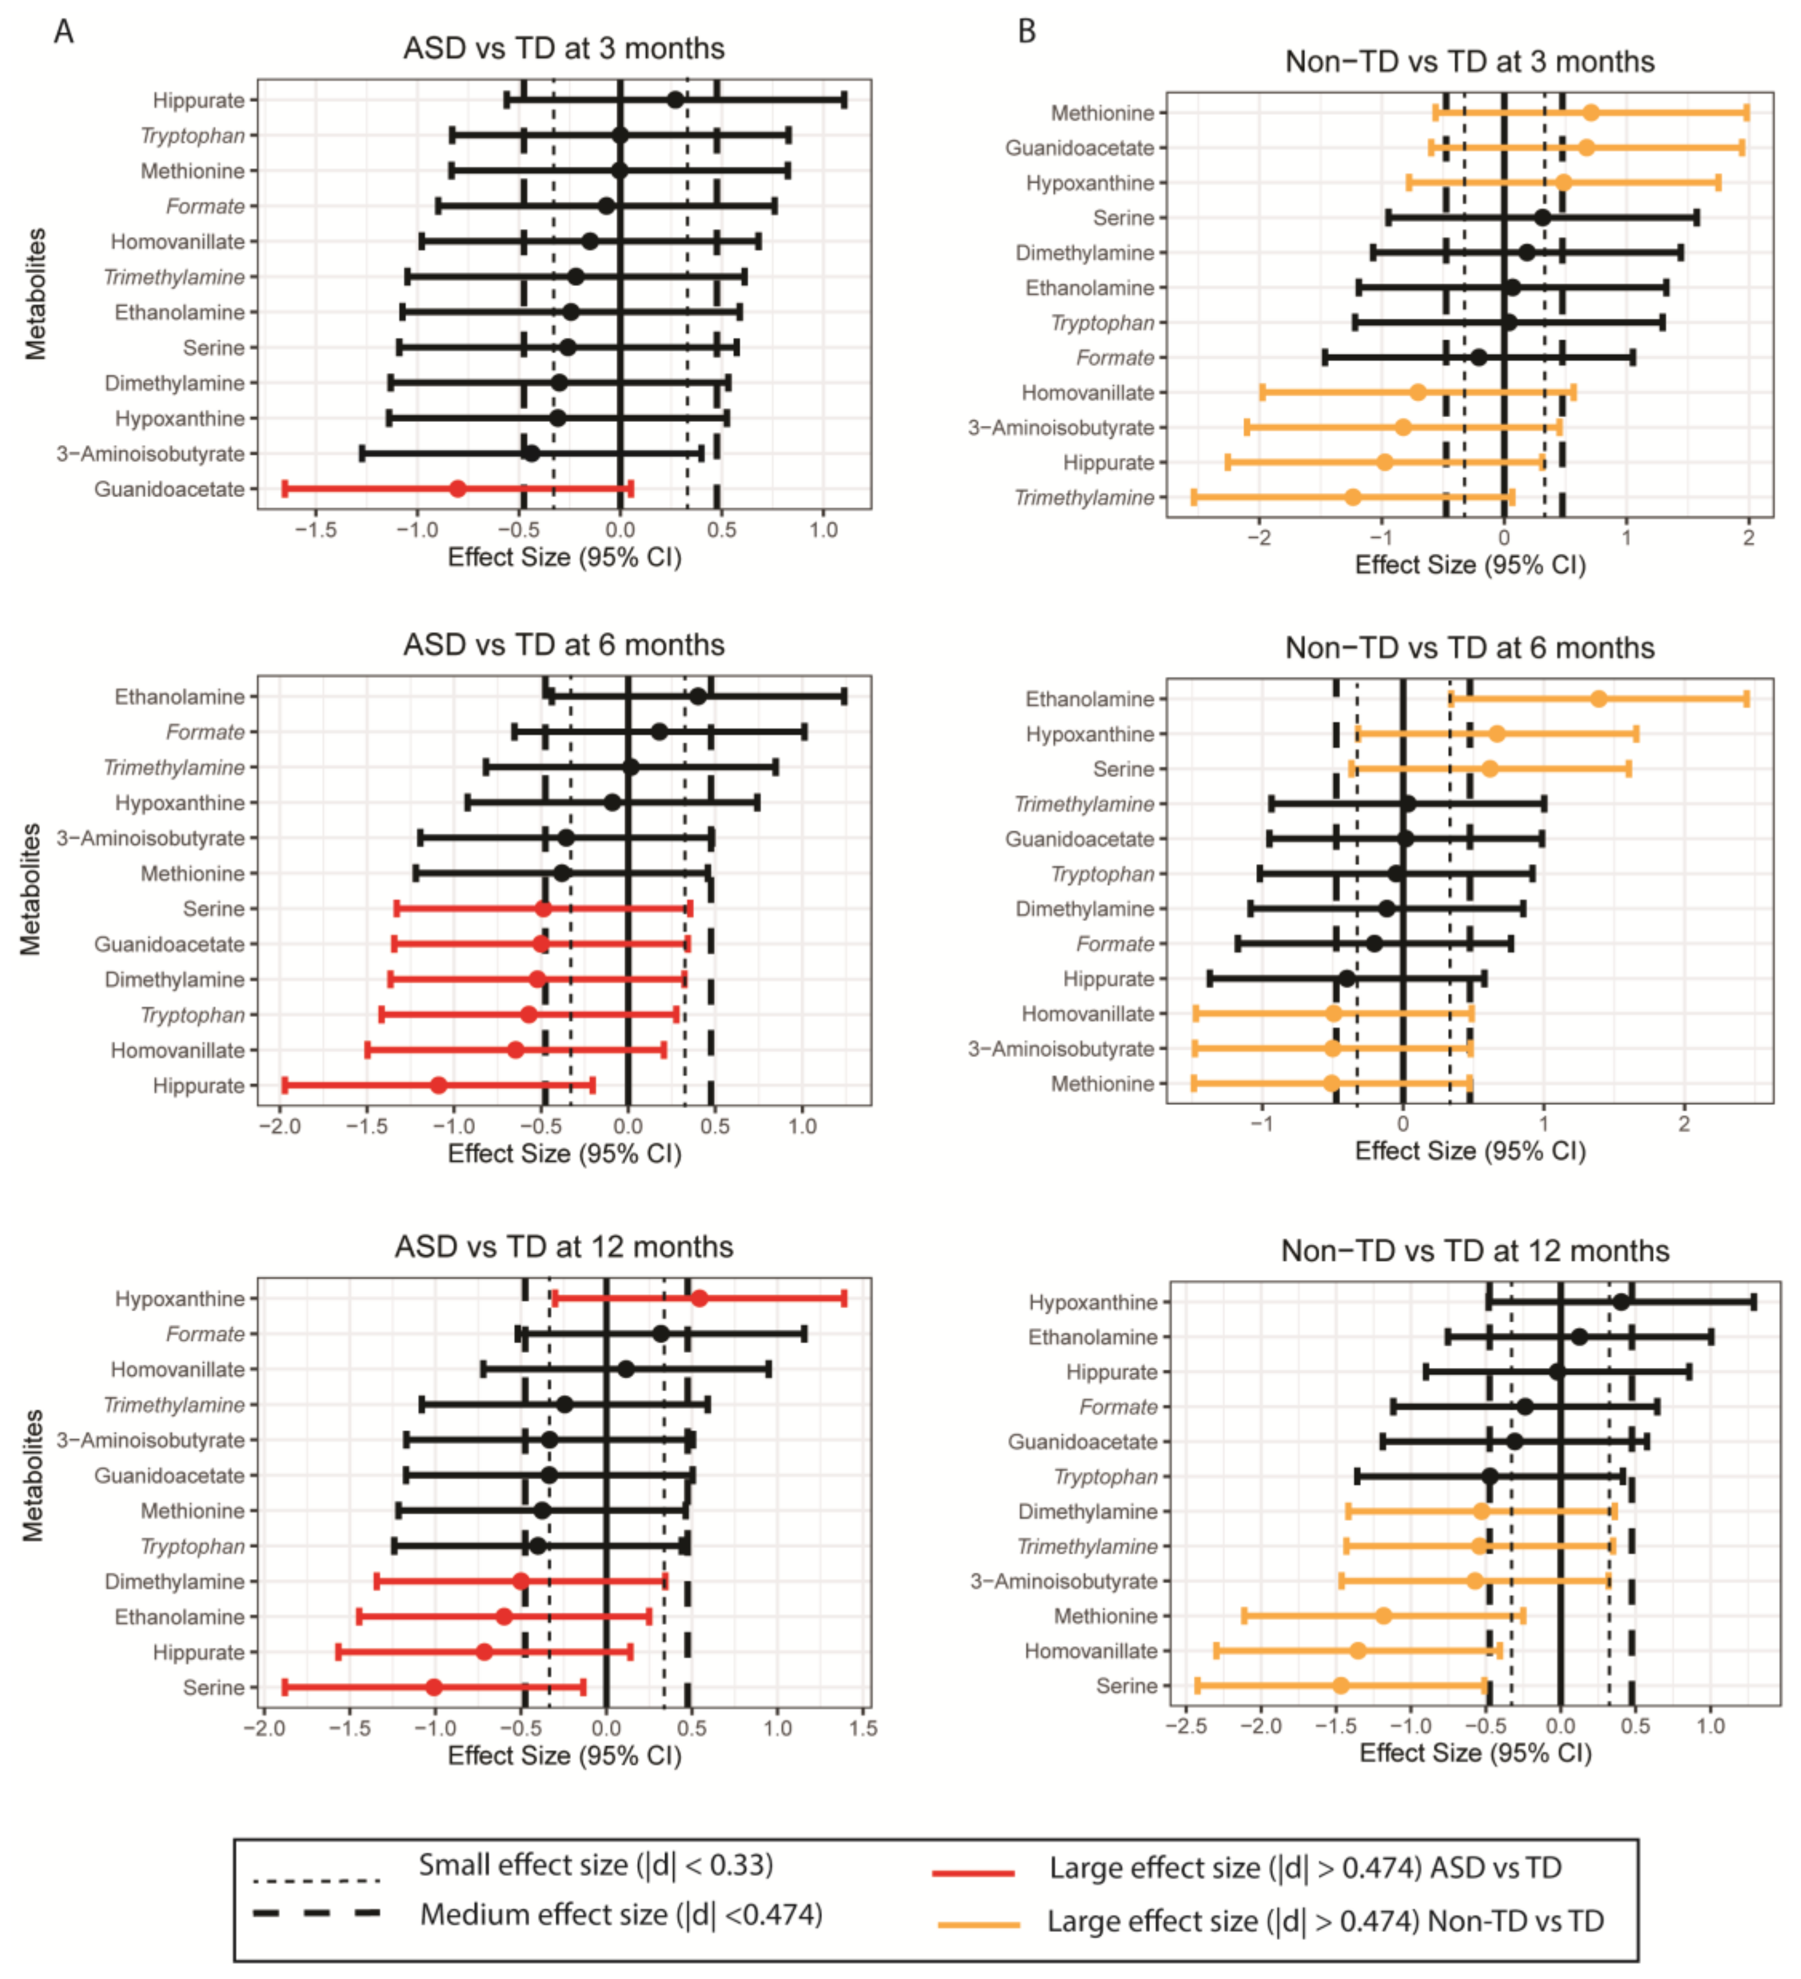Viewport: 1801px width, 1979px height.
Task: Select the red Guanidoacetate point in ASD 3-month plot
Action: coord(458,489)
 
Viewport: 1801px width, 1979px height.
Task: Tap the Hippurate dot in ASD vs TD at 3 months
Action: coord(675,100)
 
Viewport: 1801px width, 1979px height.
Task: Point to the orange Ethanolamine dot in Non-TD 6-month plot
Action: coord(1599,699)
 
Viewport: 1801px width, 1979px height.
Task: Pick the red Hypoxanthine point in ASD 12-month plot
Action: coord(699,1299)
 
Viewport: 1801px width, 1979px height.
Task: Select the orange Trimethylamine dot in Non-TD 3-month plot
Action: coord(1352,498)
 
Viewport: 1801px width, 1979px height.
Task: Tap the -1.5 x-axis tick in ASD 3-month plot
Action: coord(316,530)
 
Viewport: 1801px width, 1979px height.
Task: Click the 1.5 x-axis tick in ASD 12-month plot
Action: coord(863,1727)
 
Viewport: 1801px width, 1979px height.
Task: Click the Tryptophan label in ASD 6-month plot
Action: coord(192,1015)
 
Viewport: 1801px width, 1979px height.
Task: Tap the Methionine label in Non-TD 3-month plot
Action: coord(1102,113)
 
